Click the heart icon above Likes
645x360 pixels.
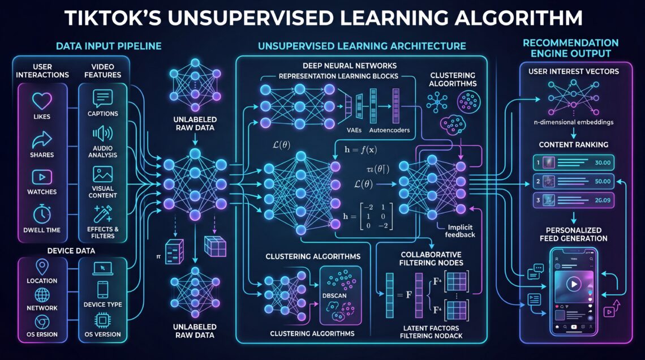(x=42, y=101)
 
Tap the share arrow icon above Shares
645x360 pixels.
(x=42, y=139)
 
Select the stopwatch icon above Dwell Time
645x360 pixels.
(x=42, y=213)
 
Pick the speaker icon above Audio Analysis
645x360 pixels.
(x=102, y=135)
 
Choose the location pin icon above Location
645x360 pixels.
(x=42, y=267)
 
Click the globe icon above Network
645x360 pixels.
(x=42, y=295)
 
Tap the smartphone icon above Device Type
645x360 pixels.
(x=102, y=290)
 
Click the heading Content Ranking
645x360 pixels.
(x=574, y=144)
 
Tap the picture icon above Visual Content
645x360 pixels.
(x=102, y=174)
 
